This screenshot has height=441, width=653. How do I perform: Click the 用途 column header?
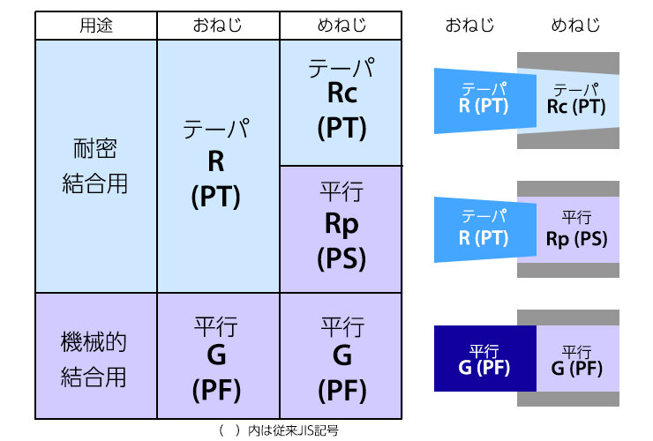pyautogui.click(x=96, y=26)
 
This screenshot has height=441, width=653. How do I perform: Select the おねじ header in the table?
pyautogui.click(x=218, y=26)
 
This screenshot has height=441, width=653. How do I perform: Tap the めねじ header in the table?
pyautogui.click(x=342, y=26)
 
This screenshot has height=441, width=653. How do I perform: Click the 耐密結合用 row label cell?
pyautogui.click(x=96, y=166)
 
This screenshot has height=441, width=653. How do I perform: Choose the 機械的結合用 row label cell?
pyautogui.click(x=96, y=356)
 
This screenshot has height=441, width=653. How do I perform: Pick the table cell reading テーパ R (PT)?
pyautogui.click(x=218, y=166)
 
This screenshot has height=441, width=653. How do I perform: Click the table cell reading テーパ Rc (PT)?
pyautogui.click(x=342, y=102)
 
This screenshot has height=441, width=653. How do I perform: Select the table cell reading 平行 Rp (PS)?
pyautogui.click(x=342, y=229)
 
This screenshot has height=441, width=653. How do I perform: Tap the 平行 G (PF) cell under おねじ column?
pyautogui.click(x=218, y=356)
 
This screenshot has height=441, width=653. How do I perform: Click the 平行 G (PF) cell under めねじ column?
pyautogui.click(x=342, y=356)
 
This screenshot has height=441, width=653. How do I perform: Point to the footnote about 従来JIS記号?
pyautogui.click(x=279, y=430)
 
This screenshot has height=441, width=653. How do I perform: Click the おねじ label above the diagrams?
pyautogui.click(x=469, y=26)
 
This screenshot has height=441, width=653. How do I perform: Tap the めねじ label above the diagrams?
pyautogui.click(x=575, y=26)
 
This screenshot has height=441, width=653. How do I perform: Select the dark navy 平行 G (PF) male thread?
pyautogui.click(x=485, y=359)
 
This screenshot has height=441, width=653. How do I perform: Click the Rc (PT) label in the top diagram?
pyautogui.click(x=576, y=107)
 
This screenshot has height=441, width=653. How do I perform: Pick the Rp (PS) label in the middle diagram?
pyautogui.click(x=576, y=239)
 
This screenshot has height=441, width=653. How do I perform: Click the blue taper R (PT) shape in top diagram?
pyautogui.click(x=485, y=101)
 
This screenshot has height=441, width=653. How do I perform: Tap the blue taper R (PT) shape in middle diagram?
pyautogui.click(x=485, y=230)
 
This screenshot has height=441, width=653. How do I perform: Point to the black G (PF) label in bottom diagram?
pyautogui.click(x=577, y=368)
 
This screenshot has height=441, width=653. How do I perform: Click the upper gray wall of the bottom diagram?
pyautogui.click(x=568, y=318)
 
